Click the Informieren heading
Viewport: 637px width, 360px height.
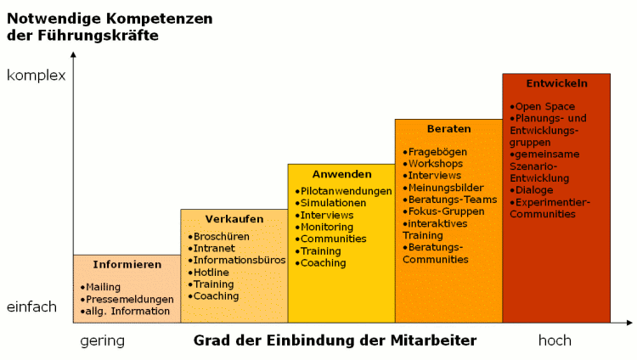coord(127,265)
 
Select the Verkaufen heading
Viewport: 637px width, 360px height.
coord(234,219)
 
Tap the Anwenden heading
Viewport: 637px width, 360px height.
coord(342,174)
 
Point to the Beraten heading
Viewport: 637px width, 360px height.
coord(449,129)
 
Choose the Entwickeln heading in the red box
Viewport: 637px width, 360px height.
coord(557,83)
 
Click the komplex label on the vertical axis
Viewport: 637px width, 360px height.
coord(37,76)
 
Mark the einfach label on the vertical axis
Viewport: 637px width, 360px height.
coord(31,307)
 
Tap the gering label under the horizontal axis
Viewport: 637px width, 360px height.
coord(103,340)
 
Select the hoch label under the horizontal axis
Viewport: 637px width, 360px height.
coord(555,340)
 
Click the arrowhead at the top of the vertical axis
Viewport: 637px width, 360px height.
coord(73,54)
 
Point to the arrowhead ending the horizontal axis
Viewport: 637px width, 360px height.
coord(629,323)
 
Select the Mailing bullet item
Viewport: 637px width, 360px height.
coord(100,287)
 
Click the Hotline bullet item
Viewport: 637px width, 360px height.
coord(208,273)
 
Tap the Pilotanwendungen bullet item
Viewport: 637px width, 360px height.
coord(344,191)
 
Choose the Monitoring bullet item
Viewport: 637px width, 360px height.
coord(324,228)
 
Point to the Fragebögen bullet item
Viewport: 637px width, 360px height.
coord(435,152)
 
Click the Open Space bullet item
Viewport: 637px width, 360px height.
coord(543,106)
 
